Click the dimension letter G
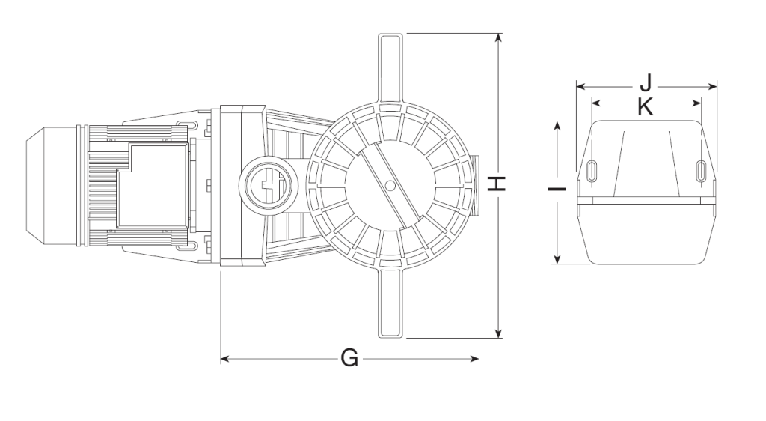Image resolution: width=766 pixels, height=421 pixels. [349, 360]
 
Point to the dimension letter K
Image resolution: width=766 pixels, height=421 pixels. [646, 106]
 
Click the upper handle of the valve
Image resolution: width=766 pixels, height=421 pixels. [392, 67]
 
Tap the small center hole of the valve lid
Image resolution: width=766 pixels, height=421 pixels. [390, 185]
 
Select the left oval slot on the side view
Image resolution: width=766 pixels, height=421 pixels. [591, 171]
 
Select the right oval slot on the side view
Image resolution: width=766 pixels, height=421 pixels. [701, 171]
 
